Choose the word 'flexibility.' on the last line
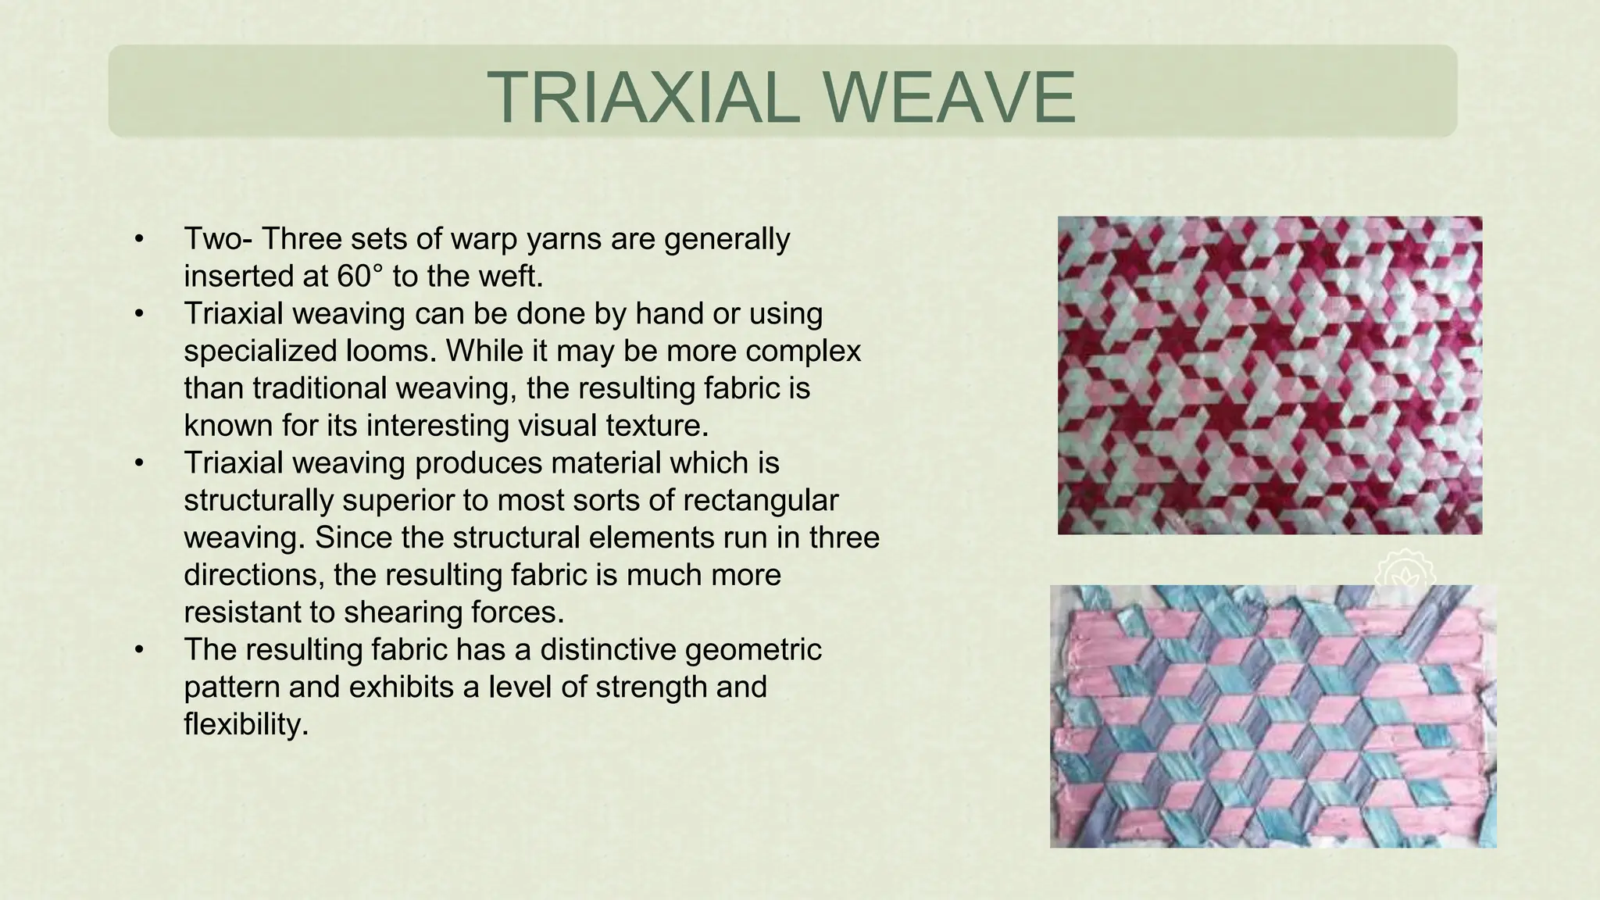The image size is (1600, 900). pos(246,725)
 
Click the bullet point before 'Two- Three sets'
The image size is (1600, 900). pos(139,239)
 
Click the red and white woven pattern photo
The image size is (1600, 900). pos(1270,375)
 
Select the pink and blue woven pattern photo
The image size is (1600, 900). pos(1272,716)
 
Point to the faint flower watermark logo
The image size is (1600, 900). pos(1404,569)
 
